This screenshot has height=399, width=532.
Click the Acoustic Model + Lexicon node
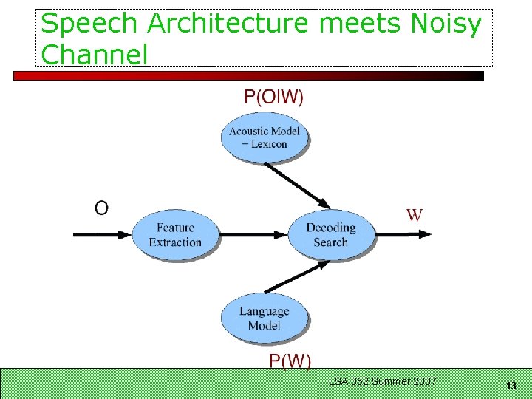[265, 137]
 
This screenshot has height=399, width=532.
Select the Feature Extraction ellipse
[175, 235]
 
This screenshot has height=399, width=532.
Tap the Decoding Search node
[330, 235]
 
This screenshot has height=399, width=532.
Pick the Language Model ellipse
[264, 318]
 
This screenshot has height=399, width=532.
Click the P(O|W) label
[273, 96]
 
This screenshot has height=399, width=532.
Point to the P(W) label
[290, 361]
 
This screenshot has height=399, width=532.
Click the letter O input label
[101, 208]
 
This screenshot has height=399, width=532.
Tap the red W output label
[415, 215]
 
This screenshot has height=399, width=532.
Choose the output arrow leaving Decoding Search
[403, 235]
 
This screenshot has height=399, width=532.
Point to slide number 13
[511, 386]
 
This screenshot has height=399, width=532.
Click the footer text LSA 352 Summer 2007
[383, 381]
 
